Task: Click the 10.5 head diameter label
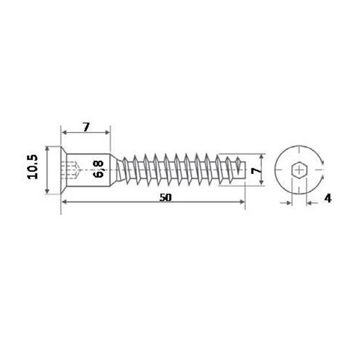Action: pos(32,167)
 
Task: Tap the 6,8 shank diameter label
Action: pos(98,169)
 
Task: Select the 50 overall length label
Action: pos(166,197)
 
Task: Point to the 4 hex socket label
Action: pos(328,198)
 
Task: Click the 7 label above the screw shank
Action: pos(86,127)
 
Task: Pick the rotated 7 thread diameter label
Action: pos(256,170)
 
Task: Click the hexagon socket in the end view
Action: pos(299,170)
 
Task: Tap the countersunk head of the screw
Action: pos(64,170)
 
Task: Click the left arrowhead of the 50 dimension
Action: pos(65,202)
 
